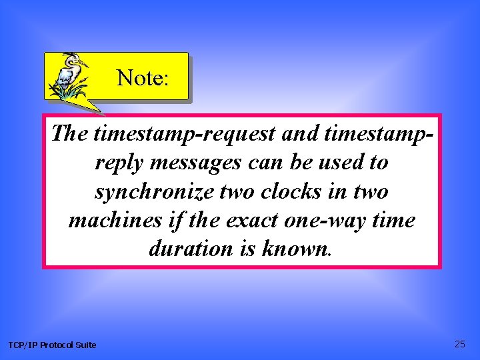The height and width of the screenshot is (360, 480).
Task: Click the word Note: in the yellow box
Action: (143, 79)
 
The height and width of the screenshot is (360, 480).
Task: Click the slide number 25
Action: (460, 344)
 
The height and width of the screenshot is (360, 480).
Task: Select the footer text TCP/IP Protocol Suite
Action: (52, 345)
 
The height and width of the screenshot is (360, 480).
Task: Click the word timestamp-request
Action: (185, 134)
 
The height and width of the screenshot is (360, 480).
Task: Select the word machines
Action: (113, 220)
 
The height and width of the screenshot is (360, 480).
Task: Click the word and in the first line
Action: (299, 134)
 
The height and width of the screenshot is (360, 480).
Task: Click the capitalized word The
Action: (70, 134)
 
